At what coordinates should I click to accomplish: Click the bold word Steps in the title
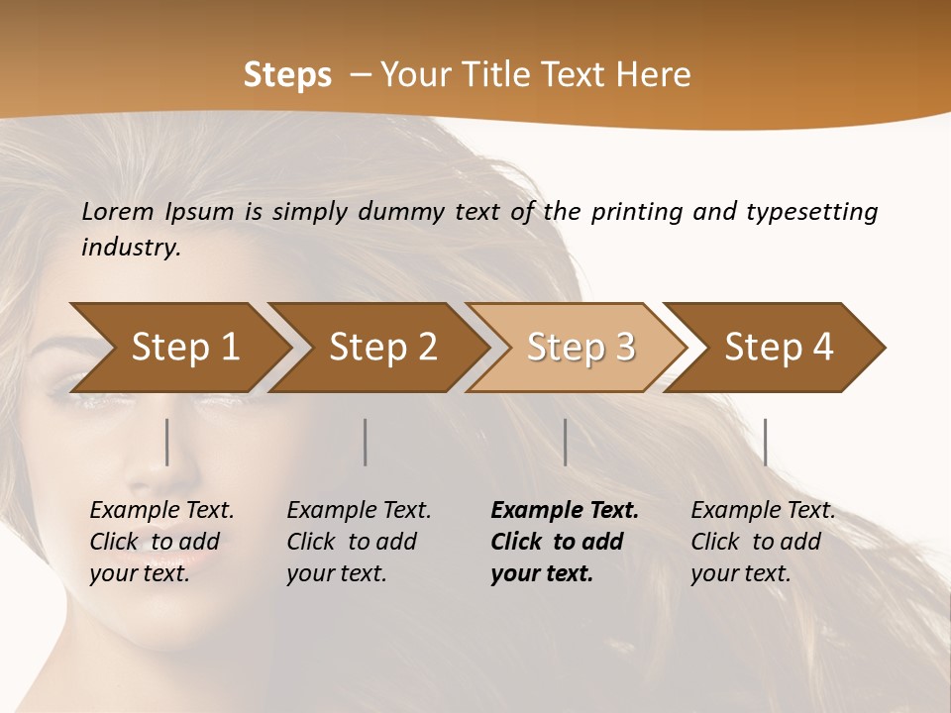coord(287,75)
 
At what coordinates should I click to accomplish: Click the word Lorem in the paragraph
coord(117,212)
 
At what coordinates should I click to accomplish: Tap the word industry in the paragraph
coord(130,248)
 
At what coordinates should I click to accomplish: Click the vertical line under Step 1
coord(167,442)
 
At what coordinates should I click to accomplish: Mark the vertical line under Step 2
coord(366,442)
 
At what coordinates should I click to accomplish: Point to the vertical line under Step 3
coord(566,442)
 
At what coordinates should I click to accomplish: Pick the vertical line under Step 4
coord(766,442)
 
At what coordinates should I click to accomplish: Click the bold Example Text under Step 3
coord(565,511)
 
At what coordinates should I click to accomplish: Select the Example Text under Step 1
coord(161,511)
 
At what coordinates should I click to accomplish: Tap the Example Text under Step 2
coord(359,511)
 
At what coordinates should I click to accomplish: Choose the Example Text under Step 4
coord(763,511)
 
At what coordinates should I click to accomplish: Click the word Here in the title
coord(657,75)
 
